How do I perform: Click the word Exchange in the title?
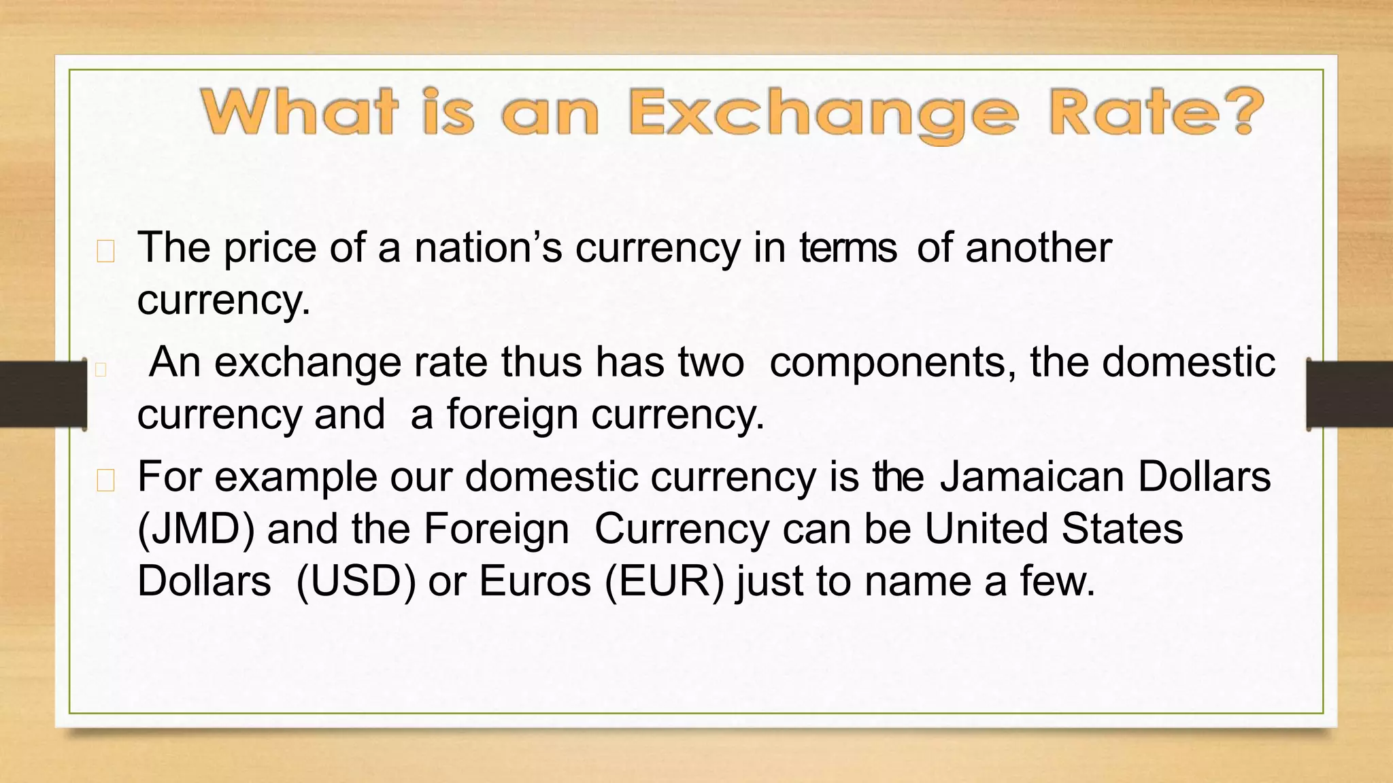(823, 113)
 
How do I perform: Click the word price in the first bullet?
(270, 249)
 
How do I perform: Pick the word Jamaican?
(1031, 476)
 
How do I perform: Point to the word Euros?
(535, 582)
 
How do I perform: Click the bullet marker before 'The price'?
(105, 252)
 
